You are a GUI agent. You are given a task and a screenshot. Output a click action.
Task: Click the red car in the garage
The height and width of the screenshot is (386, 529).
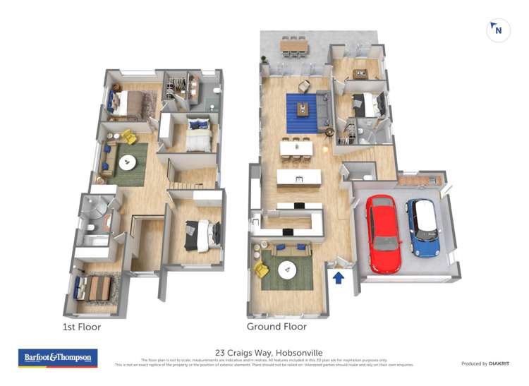coord(384,233)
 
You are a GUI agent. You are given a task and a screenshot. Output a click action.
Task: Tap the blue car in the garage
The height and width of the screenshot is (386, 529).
coord(424,227)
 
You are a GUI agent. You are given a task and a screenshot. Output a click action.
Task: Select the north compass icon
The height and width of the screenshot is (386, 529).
coord(498,30)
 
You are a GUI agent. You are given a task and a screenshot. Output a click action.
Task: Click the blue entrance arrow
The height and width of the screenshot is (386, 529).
coord(339,277)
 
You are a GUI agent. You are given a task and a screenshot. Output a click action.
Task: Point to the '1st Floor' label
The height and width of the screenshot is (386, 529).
coord(82,327)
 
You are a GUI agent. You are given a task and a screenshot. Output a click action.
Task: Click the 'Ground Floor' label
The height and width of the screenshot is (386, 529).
coord(276,327)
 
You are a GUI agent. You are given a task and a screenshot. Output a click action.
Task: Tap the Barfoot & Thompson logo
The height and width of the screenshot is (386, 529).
coord(57,358)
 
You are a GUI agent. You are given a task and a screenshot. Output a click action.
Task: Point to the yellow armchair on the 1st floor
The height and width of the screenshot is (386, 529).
coord(128,136)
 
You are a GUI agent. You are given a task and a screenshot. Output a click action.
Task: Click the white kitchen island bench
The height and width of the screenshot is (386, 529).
coord(298,176)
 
